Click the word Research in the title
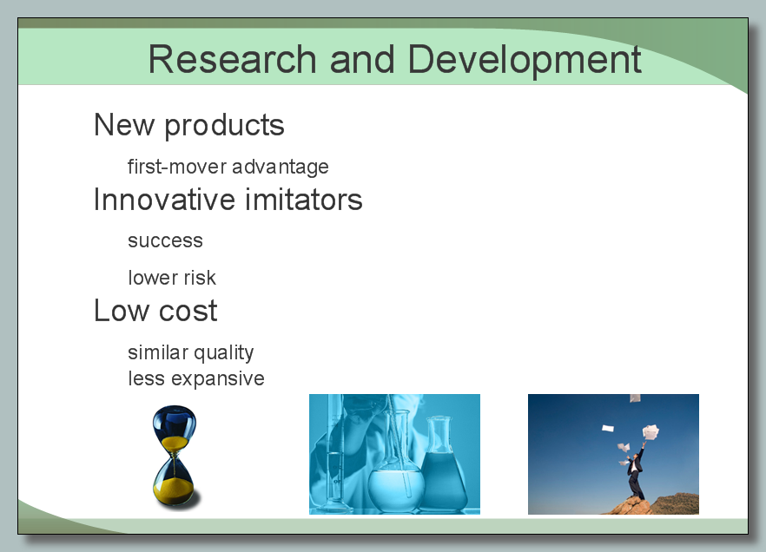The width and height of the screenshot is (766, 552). (233, 59)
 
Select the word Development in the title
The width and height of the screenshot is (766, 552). (525, 61)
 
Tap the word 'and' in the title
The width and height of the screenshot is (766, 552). (362, 59)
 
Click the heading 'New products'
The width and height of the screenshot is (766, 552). (189, 126)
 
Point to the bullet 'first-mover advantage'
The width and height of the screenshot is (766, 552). (228, 167)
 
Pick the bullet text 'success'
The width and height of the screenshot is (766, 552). (165, 241)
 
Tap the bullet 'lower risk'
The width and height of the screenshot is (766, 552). (171, 278)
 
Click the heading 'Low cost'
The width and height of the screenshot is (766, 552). (155, 311)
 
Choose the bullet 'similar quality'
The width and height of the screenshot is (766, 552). (190, 353)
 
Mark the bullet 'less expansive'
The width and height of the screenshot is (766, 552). (196, 379)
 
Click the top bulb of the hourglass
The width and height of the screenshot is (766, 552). (175, 428)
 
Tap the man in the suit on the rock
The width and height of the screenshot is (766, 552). (636, 471)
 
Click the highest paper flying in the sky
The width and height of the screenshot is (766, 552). (635, 398)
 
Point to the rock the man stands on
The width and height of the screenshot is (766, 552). (629, 506)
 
